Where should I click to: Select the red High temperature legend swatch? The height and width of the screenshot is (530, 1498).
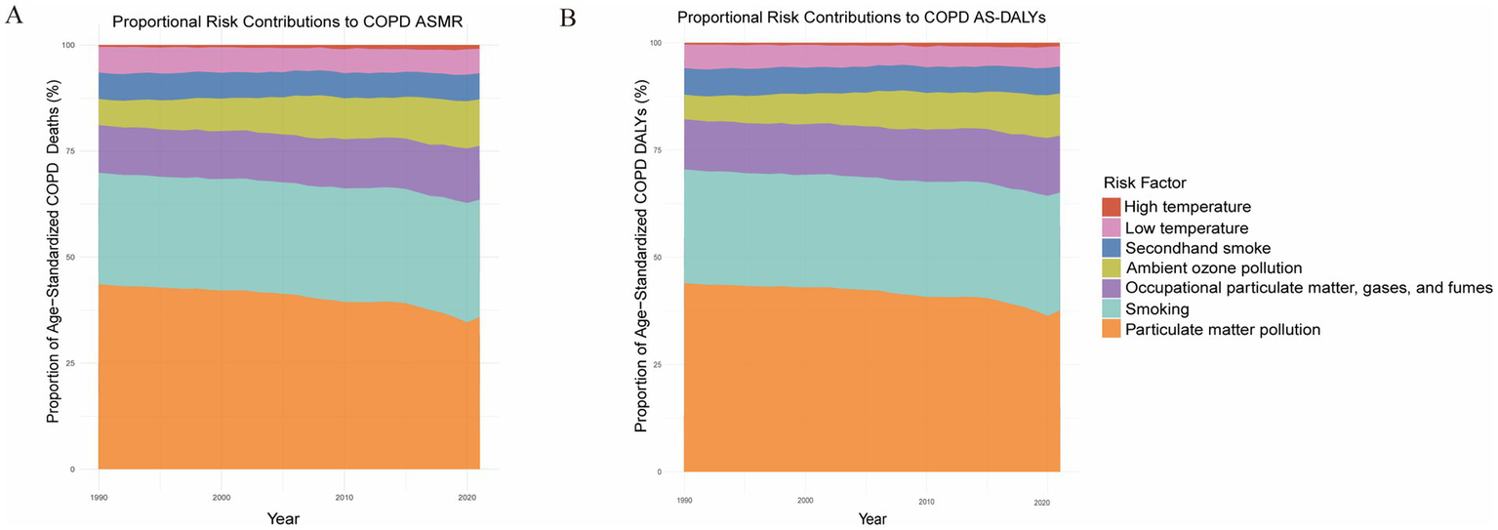(x=1112, y=207)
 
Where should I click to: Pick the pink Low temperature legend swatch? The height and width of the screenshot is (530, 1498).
(x=1112, y=227)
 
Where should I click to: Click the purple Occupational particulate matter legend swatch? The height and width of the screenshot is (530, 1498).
(x=1112, y=289)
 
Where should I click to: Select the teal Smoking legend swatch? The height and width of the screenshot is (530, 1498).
(x=1112, y=309)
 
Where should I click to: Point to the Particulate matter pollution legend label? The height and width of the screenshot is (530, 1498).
(x=1222, y=330)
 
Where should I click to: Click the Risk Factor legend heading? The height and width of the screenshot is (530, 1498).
(x=1146, y=183)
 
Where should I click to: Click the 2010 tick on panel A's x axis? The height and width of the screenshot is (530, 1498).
(x=344, y=496)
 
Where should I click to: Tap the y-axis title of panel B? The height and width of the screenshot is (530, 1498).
(x=642, y=257)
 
